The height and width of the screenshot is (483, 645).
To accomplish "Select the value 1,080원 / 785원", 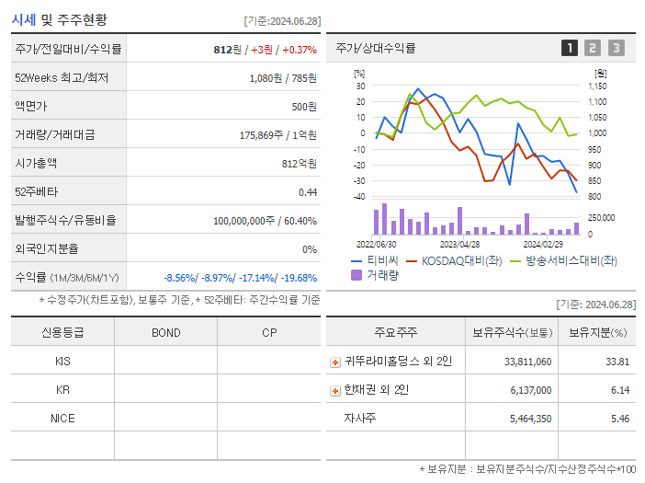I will tap(283, 78).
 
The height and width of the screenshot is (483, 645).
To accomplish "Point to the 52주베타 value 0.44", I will tap(308, 192).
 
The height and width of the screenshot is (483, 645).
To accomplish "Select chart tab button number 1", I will tap(570, 48).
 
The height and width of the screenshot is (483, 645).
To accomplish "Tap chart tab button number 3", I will tap(616, 48).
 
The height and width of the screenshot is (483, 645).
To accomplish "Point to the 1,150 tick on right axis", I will tap(597, 86).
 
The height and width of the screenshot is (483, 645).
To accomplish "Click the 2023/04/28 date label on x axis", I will tap(459, 245).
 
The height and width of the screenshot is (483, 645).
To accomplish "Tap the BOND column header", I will tap(165, 333).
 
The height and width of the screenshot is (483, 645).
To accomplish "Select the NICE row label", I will tap(62, 419).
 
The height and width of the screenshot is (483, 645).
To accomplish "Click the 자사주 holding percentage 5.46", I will tap(619, 419).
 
